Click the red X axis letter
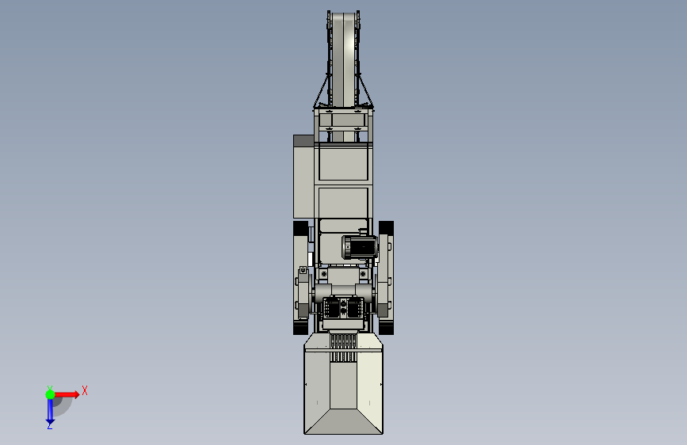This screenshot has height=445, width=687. [85, 390]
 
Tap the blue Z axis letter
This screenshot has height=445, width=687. [50, 425]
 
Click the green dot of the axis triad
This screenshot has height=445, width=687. [50, 394]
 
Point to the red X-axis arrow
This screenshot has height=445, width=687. [67, 394]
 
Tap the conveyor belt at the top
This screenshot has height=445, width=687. [344, 59]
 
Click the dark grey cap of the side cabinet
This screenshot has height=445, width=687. [303, 141]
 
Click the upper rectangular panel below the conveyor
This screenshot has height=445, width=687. [344, 163]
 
